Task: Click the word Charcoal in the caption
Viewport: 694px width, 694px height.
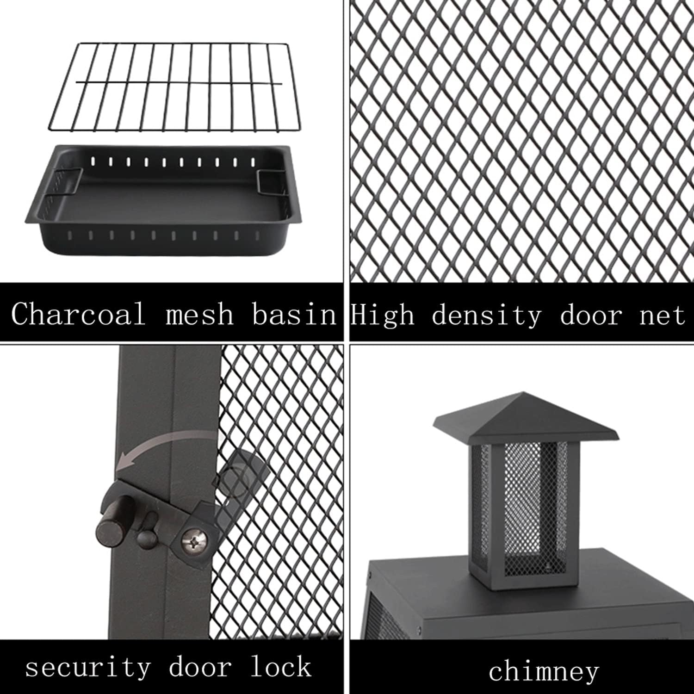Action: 79,314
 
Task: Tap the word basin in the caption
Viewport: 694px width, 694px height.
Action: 294,314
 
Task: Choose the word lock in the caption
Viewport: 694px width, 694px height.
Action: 280,666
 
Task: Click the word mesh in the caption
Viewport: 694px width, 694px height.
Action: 199,314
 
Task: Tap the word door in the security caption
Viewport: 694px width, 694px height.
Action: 200,666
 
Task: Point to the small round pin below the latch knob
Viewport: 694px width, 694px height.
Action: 145,536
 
